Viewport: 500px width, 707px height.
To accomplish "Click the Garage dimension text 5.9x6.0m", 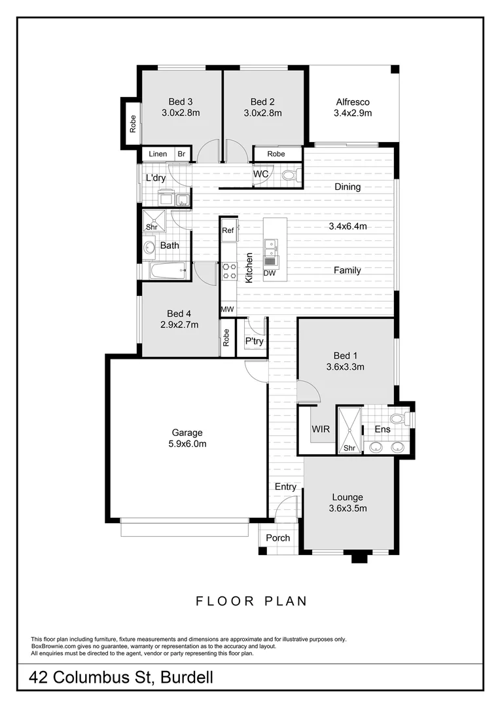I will point(188,444).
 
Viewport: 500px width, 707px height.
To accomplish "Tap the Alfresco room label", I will point(353,101).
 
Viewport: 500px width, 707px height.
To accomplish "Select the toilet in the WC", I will point(292,175).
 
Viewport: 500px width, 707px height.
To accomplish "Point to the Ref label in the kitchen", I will point(228,230).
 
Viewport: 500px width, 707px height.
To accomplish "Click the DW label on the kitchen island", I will point(270,273).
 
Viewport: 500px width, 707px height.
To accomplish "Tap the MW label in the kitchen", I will point(227,309).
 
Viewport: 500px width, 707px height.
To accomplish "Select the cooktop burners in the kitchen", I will point(228,271).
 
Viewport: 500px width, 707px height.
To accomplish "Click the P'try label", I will point(255,341).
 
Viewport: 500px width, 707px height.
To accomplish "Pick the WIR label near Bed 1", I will point(321,429).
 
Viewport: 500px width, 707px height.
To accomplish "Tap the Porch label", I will point(277,538).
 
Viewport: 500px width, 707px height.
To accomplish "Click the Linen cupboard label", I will point(158,154).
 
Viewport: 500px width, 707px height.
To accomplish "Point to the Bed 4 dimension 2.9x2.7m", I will point(179,324).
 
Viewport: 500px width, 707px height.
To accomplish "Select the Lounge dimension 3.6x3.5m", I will point(348,508).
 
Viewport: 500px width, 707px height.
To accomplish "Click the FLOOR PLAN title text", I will point(251,600).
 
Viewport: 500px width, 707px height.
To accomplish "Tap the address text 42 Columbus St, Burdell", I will point(122,678).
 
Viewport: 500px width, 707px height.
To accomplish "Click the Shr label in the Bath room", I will point(152,227).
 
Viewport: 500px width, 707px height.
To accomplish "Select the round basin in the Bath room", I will point(149,247).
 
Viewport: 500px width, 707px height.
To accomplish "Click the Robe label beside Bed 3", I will point(133,124).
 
